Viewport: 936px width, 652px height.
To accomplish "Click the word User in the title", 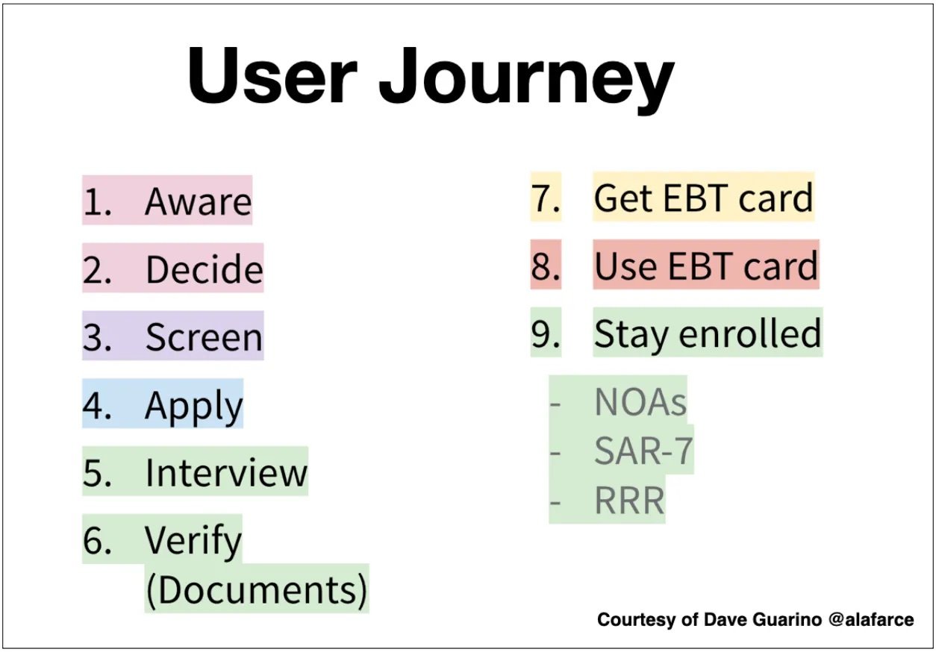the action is [x=272, y=75].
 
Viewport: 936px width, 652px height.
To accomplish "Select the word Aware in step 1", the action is [x=198, y=201].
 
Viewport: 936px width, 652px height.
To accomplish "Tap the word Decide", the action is [x=205, y=269].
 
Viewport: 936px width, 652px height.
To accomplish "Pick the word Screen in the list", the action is [x=204, y=337].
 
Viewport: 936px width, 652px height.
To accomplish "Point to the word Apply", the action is [x=193, y=407].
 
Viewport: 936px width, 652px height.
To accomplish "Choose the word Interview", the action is [x=226, y=473].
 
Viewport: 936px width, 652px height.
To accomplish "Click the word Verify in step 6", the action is [x=193, y=542].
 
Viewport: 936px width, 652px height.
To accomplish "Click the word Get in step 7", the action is [x=623, y=198].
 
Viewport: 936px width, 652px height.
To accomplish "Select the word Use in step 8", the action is [x=625, y=266].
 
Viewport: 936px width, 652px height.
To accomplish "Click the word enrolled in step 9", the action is [x=750, y=333].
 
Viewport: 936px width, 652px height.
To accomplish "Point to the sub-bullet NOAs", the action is [x=640, y=402].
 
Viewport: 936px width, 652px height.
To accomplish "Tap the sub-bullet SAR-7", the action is [x=643, y=451].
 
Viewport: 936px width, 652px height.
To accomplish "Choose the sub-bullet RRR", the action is [x=629, y=501].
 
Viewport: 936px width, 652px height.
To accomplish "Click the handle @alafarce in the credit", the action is [x=871, y=619].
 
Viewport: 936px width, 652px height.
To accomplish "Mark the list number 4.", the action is [x=97, y=405].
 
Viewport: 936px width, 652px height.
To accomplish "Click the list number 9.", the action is [x=546, y=333].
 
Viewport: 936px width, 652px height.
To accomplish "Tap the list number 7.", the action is [x=546, y=198].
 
